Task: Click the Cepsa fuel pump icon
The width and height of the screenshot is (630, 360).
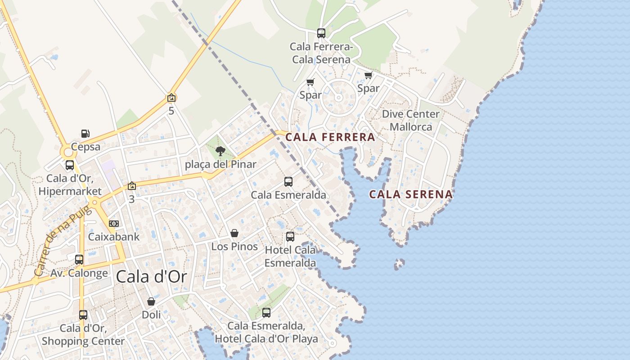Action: point(85,133)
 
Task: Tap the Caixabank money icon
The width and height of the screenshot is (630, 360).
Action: point(114,224)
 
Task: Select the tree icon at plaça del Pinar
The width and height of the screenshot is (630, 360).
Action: point(220,151)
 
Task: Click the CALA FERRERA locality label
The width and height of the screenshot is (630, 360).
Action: point(330,137)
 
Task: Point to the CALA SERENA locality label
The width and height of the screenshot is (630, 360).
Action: point(411,194)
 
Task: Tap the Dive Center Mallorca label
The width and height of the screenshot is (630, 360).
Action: point(410,120)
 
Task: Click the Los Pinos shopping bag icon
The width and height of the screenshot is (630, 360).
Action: point(234,233)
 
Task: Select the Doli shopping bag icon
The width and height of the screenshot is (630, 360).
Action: point(151,301)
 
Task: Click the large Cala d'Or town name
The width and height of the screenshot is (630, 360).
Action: point(151,277)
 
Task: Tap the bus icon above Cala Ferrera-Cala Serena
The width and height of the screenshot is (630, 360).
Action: point(321,33)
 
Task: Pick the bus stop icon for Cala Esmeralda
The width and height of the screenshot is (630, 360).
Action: point(288,182)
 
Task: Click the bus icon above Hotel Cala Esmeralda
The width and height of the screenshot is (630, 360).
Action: point(290,236)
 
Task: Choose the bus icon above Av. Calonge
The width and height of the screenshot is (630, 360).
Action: point(79,259)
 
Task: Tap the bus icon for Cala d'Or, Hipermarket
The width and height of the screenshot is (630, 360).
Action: point(70,165)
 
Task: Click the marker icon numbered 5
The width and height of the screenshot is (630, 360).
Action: point(171,98)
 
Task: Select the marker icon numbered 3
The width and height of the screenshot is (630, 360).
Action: point(131,186)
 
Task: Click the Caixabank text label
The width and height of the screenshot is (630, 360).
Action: point(114,237)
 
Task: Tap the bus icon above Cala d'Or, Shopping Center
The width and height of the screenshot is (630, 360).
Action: point(83,315)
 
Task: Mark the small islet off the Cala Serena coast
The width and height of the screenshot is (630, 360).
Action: point(399,264)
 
